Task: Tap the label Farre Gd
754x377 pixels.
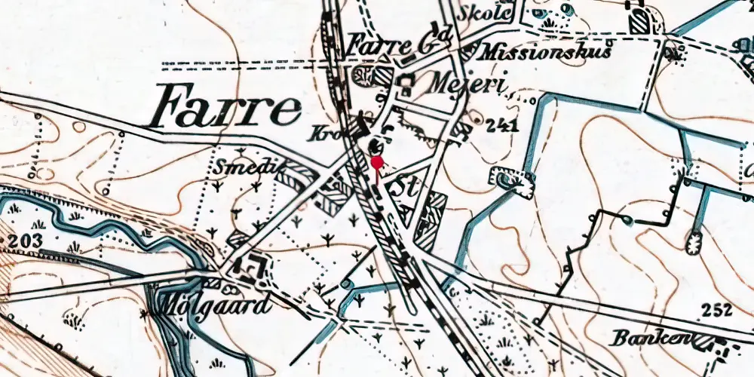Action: point(399,43)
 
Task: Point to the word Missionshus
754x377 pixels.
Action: point(545,51)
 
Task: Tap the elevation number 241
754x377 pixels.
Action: point(503,126)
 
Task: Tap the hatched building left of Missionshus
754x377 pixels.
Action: point(469,51)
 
